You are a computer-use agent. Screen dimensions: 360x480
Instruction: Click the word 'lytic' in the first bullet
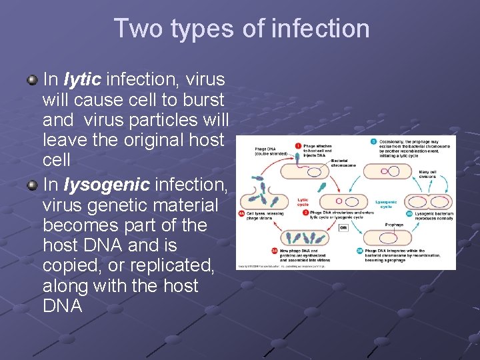(x=82, y=80)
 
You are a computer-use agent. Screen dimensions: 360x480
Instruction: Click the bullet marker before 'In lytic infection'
(x=32, y=80)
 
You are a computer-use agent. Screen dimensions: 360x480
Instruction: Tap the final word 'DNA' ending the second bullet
(x=62, y=307)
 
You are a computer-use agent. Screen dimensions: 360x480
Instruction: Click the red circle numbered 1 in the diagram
(x=298, y=145)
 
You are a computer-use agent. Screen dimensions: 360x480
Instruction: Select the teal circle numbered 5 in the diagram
(x=374, y=141)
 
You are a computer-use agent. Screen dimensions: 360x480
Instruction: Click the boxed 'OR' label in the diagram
(x=344, y=227)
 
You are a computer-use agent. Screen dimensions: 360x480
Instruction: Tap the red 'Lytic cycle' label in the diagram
(x=303, y=202)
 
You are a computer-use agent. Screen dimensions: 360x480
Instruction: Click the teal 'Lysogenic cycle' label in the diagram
(x=386, y=203)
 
